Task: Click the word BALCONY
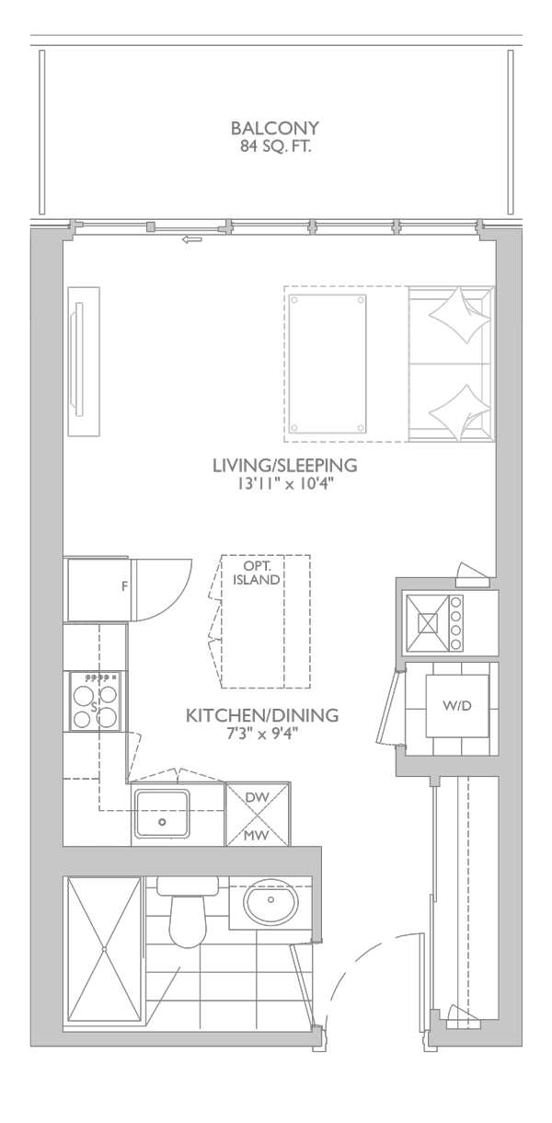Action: [x=274, y=128]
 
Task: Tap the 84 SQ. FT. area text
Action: [x=275, y=147]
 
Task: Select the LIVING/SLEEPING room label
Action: [x=285, y=465]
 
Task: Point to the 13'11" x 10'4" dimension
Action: [x=284, y=485]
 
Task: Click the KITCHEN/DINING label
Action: [x=262, y=715]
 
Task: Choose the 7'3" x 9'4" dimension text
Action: [x=262, y=734]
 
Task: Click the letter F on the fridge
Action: [x=125, y=586]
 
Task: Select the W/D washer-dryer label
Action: [x=457, y=706]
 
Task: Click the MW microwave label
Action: [x=257, y=835]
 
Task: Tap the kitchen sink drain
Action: [x=162, y=822]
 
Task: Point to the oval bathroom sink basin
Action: [x=270, y=900]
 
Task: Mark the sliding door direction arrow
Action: [x=192, y=239]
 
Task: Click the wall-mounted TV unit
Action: [x=84, y=362]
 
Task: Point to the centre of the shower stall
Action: [x=104, y=949]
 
